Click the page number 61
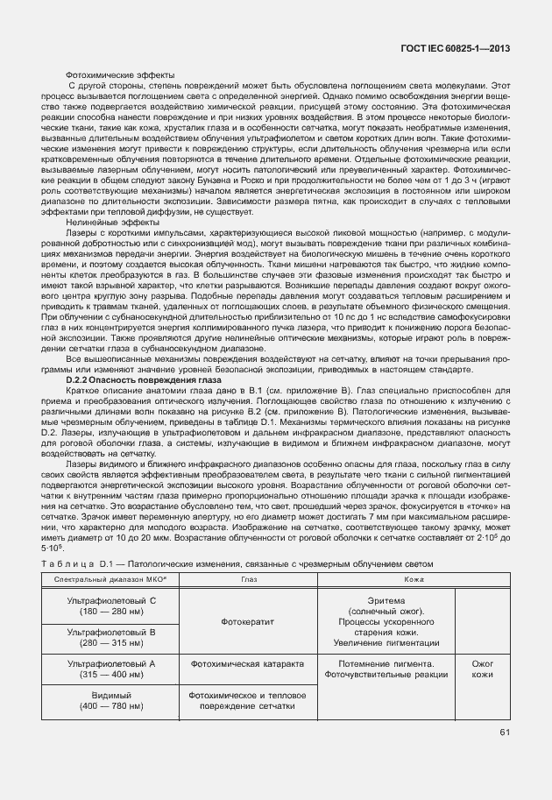[x=505, y=732]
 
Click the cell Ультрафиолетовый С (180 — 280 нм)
[x=111, y=606]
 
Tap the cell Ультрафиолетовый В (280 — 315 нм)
[x=111, y=637]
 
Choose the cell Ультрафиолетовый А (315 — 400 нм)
[x=111, y=669]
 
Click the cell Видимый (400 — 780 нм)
[x=111, y=700]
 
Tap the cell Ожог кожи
[x=483, y=669]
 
